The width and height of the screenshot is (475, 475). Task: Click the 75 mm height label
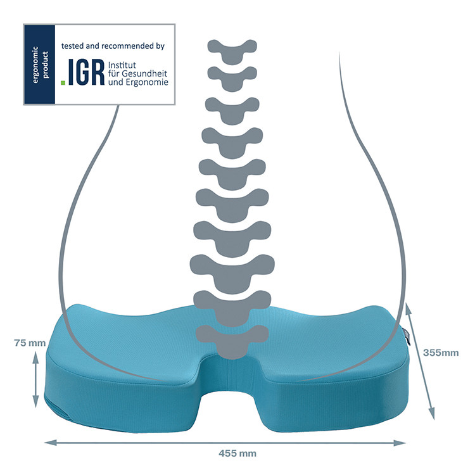(30, 343)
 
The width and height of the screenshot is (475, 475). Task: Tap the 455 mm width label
(237, 453)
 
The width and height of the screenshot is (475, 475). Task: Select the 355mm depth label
(441, 353)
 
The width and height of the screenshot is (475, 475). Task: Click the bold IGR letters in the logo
(86, 72)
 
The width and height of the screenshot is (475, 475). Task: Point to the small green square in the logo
(63, 82)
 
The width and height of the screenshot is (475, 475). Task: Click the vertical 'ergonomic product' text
(40, 65)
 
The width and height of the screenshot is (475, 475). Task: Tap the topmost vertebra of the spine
(232, 52)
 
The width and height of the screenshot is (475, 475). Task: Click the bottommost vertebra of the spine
(232, 342)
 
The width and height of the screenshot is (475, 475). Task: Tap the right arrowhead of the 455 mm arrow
(400, 443)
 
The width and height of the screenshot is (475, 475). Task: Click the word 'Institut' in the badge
(122, 65)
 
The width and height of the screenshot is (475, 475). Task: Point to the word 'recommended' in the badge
(127, 46)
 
